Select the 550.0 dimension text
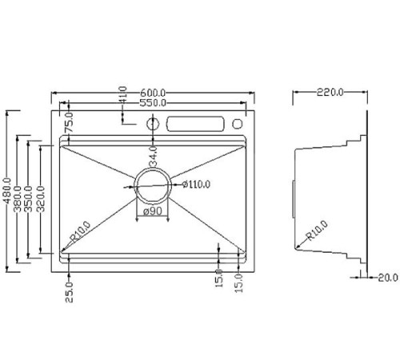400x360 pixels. tap(153, 103)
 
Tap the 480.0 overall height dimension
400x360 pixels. tap(7, 190)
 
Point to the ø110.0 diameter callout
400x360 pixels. tap(196, 184)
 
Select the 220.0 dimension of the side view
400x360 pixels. tap(329, 93)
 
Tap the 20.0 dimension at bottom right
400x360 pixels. tap(386, 278)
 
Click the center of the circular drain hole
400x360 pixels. tap(152, 186)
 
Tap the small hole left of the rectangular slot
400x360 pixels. tap(152, 125)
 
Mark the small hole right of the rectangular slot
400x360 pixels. tap(237, 125)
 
